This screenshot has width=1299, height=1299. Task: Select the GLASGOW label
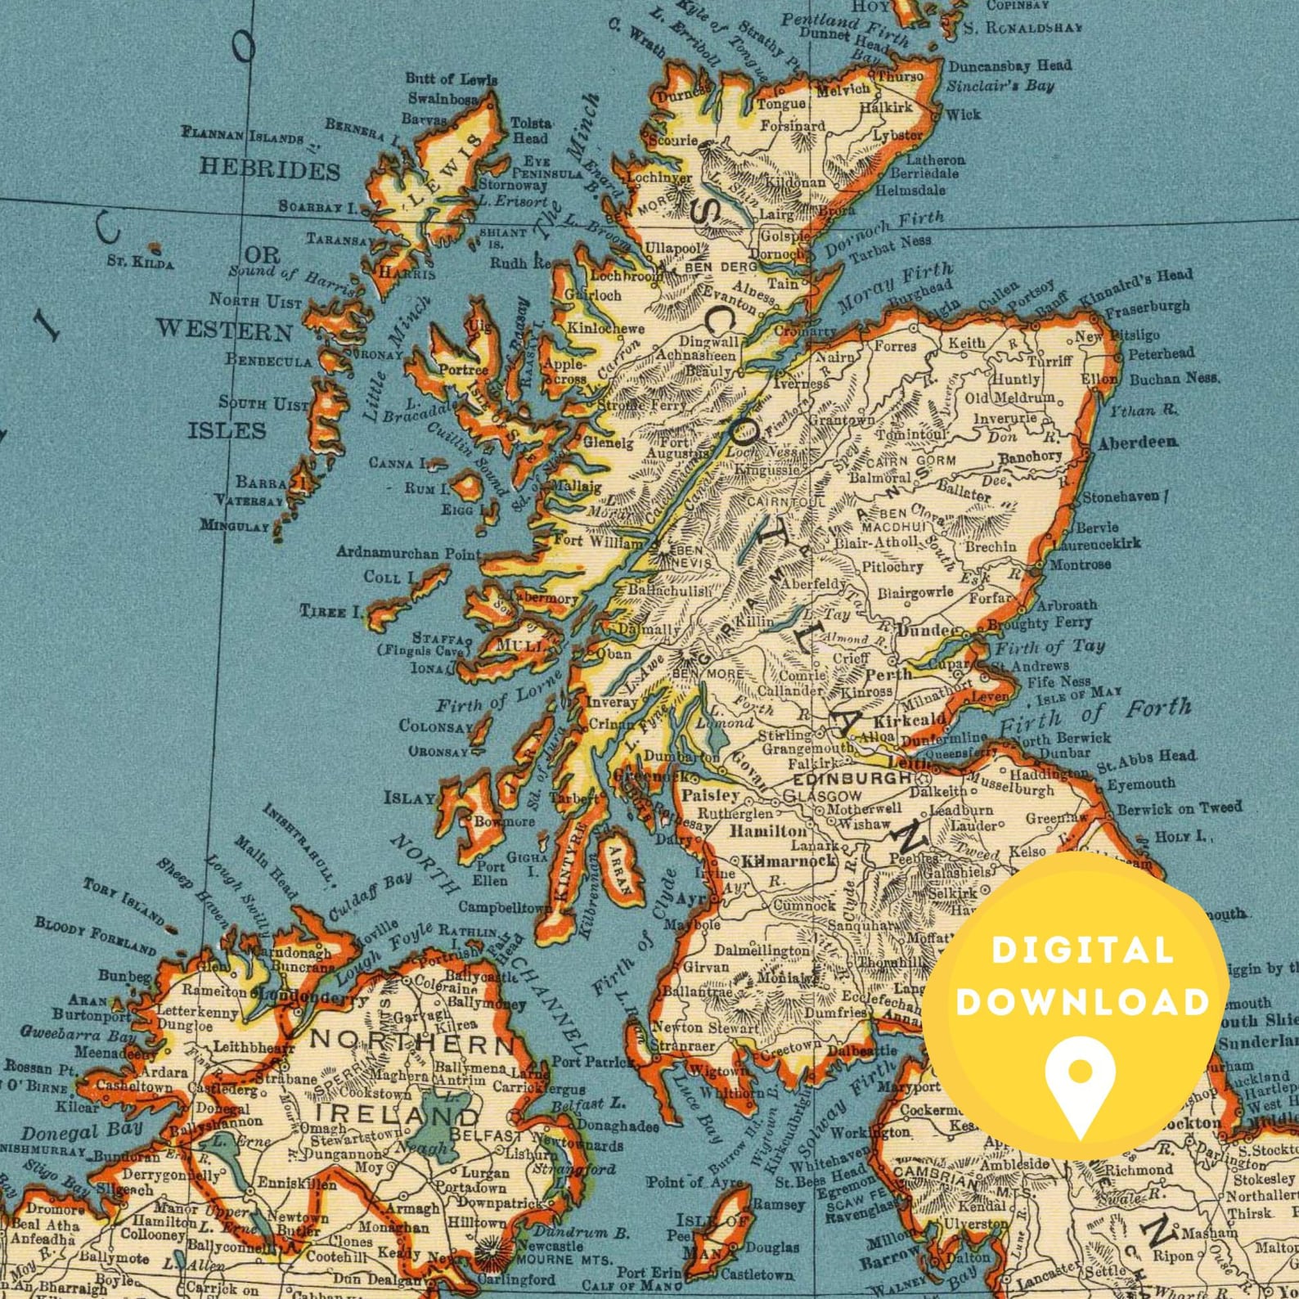point(822,795)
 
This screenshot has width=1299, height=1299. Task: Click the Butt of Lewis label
point(451,79)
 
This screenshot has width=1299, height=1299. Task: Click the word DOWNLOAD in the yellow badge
point(1081,1001)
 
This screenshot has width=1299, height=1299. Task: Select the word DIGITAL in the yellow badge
point(1081,951)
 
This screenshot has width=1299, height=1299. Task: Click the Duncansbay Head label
point(1009,65)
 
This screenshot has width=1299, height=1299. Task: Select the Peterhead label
point(1162,354)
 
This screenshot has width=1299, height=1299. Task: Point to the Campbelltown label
point(505,907)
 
